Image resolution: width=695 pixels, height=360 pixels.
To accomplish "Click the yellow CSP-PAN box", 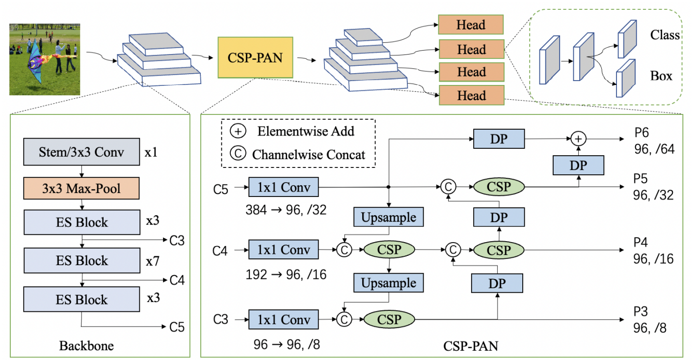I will coord(255,57).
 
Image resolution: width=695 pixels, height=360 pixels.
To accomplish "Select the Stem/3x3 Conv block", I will coord(81,152).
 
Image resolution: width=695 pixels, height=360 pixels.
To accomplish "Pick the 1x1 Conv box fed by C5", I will coord(283,187).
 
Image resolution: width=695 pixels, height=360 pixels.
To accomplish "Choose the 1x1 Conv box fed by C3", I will coord(283,320).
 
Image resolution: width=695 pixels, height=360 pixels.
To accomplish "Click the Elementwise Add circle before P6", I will coord(579,138).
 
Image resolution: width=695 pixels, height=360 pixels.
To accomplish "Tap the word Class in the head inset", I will coord(665,35).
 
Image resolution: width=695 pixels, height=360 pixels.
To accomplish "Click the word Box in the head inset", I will coord(662,76).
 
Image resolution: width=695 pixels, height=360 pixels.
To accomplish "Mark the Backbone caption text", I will coord(86,346).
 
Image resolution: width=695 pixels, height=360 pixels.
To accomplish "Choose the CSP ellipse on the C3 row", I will coord(389,320).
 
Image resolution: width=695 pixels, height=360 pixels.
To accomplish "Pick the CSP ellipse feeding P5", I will coord(499,187).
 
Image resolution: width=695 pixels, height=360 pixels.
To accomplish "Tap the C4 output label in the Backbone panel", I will coord(177,280).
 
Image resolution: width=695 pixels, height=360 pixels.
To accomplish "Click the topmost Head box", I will coord(471,25).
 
